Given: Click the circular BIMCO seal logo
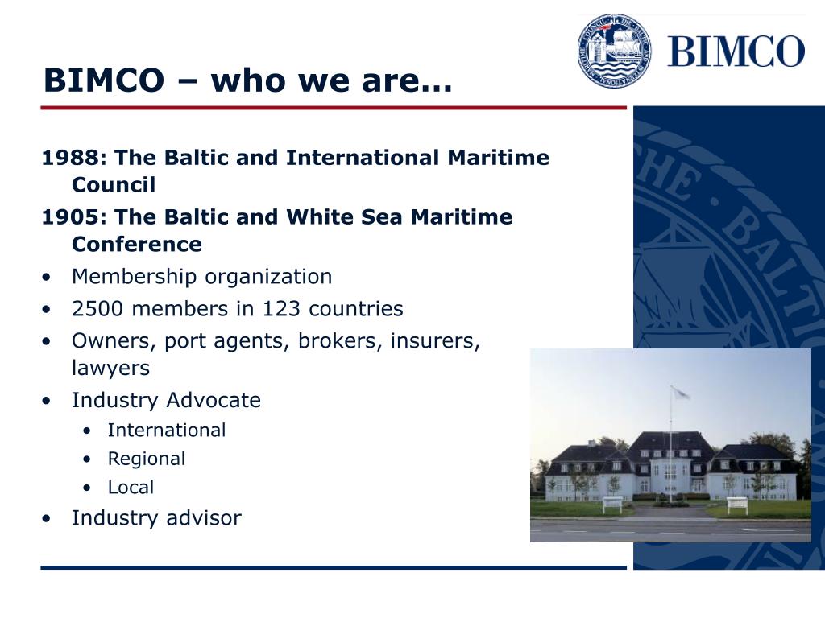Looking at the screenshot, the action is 614,51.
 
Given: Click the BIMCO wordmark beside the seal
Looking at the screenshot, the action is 736,51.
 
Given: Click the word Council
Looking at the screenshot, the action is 114,185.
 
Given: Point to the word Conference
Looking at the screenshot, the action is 137,245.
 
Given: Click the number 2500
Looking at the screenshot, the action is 97,308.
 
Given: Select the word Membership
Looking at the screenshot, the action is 135,277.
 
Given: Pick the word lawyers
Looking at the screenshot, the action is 110,369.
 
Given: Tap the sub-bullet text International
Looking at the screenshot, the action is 167,431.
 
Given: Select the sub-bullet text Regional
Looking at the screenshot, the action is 147,459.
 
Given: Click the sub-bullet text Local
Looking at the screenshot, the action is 131,488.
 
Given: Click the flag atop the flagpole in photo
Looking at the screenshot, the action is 680,392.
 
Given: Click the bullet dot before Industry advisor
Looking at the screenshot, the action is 47,519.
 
